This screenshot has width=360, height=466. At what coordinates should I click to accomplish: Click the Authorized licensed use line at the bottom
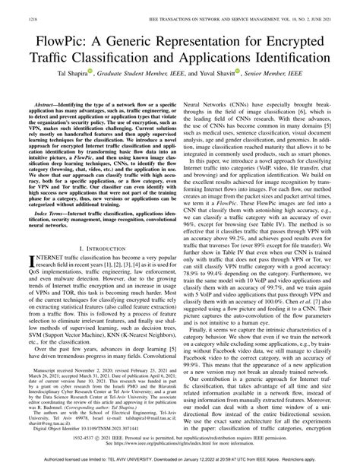180,460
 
